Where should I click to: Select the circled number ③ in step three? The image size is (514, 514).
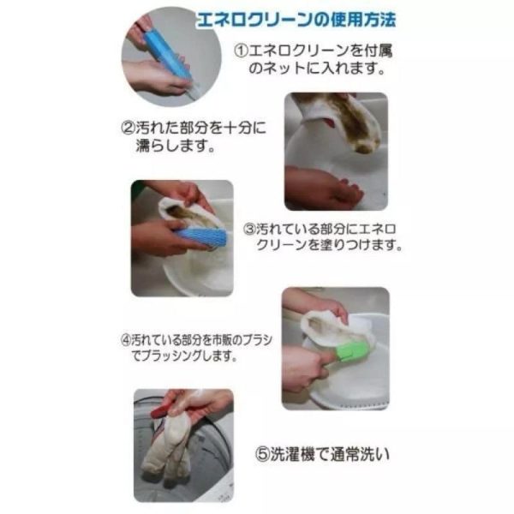click(250, 229)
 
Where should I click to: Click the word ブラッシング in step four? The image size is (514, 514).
click(179, 354)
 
